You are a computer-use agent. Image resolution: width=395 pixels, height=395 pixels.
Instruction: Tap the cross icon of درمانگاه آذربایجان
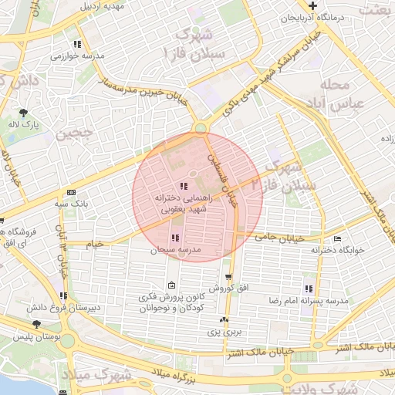coord(312,6)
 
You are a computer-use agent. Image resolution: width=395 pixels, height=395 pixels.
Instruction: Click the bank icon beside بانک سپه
coord(71,192)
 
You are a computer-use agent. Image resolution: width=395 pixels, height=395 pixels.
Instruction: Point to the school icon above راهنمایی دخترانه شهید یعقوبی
coord(182,186)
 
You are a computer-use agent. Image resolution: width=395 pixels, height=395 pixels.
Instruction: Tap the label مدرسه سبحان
coord(178,250)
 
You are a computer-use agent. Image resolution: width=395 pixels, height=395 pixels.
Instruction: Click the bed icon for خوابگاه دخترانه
coord(339,238)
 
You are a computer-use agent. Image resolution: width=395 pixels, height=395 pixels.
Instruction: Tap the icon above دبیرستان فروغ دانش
coord(62,295)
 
